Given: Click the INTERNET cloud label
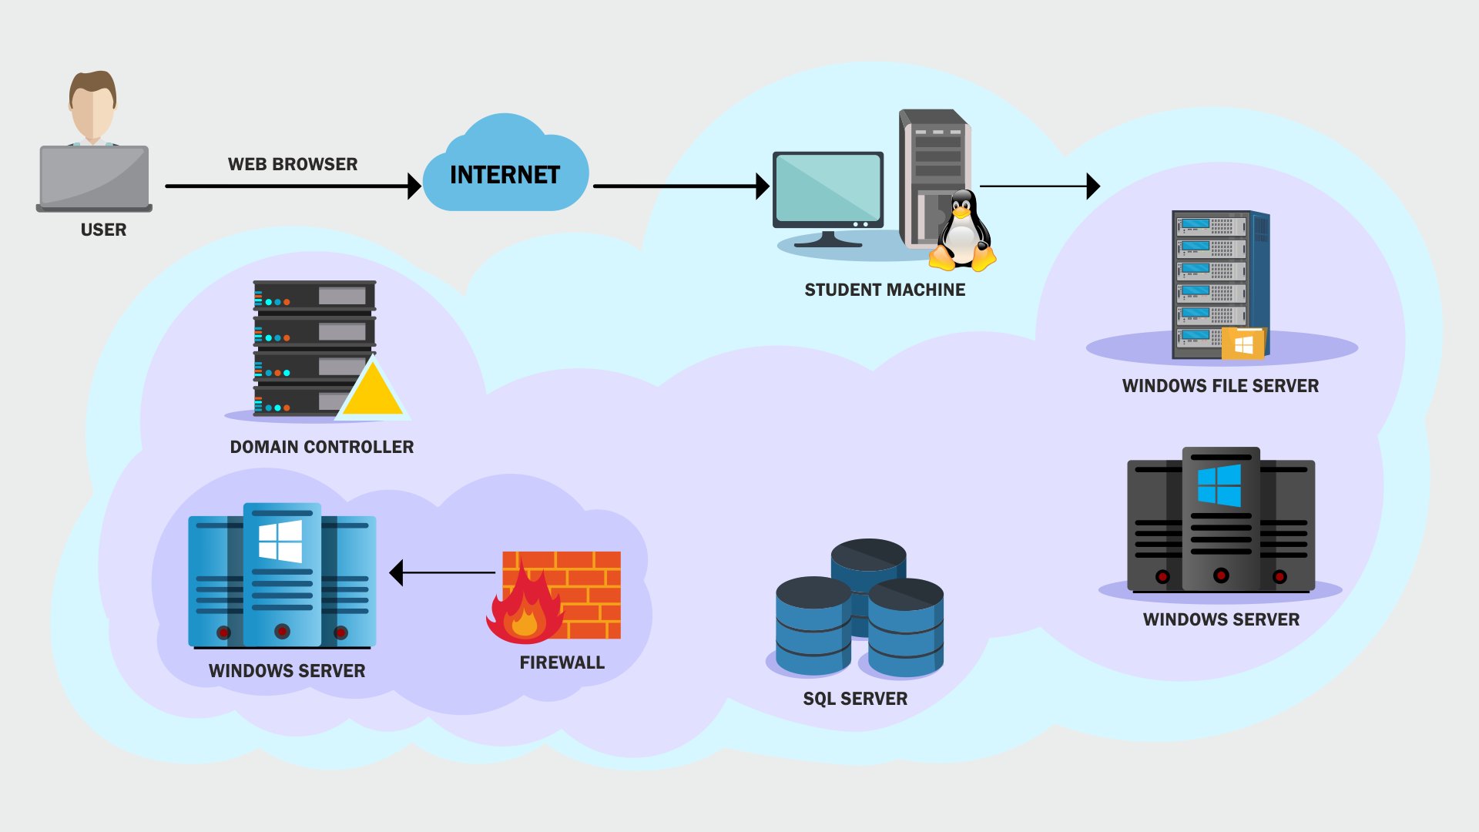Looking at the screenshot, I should click(x=505, y=176).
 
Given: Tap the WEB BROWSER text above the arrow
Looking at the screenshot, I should click(x=293, y=164).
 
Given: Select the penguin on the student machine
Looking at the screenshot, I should click(x=961, y=231).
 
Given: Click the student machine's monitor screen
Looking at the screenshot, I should click(x=828, y=187).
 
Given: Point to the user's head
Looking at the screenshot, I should click(x=92, y=104).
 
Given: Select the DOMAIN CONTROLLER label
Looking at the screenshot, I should click(x=321, y=447).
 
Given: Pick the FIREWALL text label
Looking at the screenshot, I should click(x=562, y=663).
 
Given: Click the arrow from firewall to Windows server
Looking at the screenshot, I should click(x=443, y=572).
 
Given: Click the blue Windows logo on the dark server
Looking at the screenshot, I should click(x=1219, y=485).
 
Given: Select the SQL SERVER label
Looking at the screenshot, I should click(x=855, y=699).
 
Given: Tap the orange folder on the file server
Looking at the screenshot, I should click(x=1243, y=344).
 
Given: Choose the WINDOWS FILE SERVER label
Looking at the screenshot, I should click(x=1220, y=386).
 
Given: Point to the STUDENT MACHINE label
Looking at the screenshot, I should click(x=884, y=290).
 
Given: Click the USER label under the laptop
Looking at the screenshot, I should click(x=103, y=230).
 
